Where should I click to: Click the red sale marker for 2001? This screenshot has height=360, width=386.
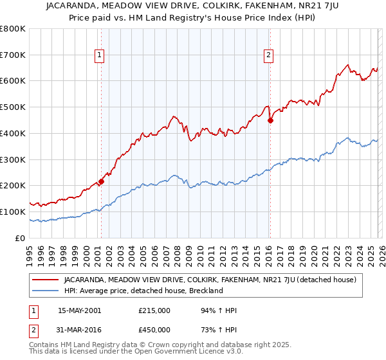(101, 182)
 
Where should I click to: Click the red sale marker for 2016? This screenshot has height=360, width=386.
(270, 120)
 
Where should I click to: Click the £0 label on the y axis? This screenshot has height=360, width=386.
(21, 238)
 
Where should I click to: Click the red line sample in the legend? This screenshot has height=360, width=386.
(46, 280)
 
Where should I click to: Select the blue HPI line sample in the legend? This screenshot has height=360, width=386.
(46, 291)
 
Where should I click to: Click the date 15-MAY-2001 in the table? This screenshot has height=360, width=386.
(80, 310)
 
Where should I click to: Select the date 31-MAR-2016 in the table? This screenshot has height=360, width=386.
(80, 330)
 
